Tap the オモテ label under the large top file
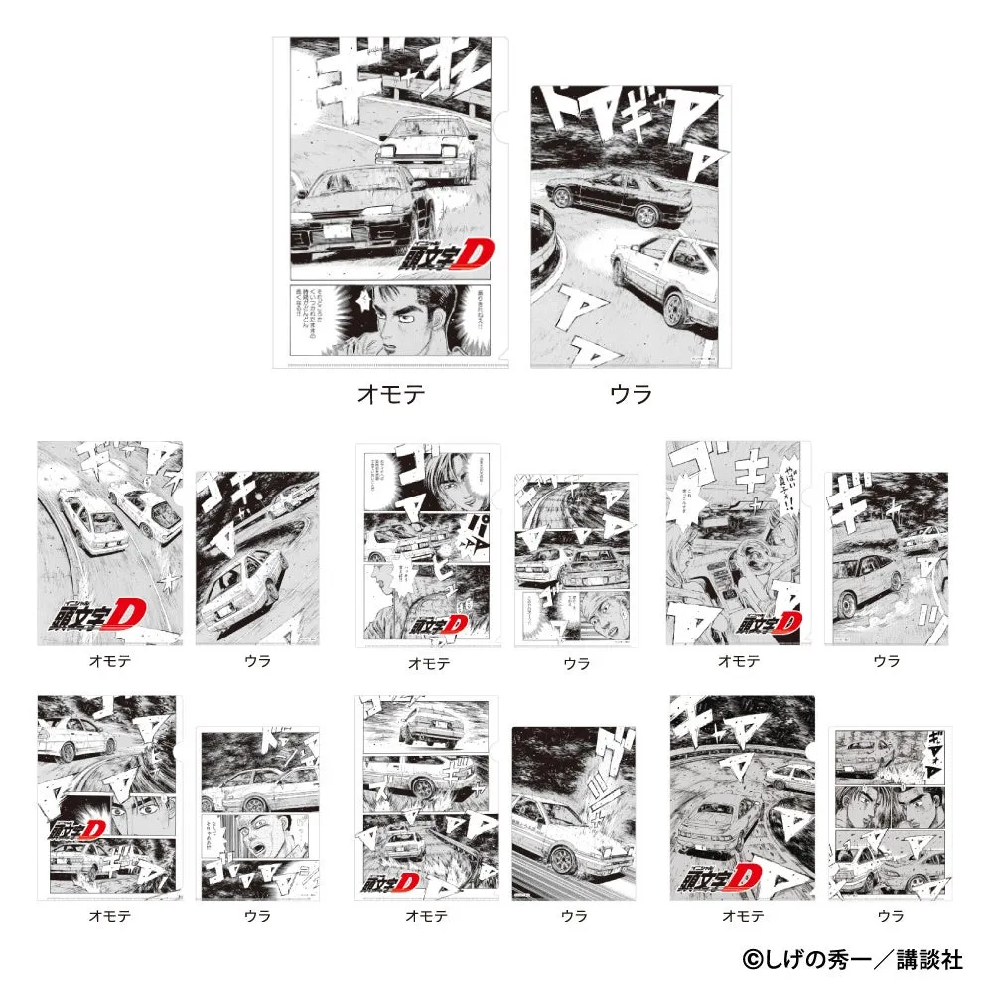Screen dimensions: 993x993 pyautogui.click(x=390, y=394)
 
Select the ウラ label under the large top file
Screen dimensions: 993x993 pyautogui.click(x=631, y=394)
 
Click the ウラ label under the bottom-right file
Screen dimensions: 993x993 pyautogui.click(x=890, y=916)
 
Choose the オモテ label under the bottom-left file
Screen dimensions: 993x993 pyautogui.click(x=109, y=916)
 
